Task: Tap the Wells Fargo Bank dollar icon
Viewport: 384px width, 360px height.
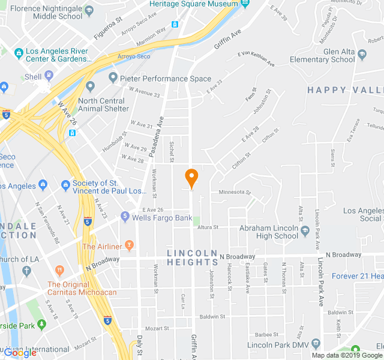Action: point(125,216)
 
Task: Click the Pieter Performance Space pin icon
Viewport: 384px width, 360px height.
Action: point(113,78)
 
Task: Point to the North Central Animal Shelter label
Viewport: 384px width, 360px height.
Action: point(103,104)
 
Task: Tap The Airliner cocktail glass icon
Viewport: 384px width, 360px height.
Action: point(129,246)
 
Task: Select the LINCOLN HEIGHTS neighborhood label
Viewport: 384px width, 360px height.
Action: point(192,257)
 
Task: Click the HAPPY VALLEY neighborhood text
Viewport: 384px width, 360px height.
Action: point(345,90)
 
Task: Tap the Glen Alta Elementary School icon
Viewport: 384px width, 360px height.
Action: point(362,55)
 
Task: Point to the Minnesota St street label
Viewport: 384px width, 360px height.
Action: point(234,193)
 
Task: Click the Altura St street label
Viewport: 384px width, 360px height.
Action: point(208,227)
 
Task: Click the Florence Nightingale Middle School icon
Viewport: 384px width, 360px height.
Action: point(89,11)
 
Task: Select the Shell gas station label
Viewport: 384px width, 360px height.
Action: point(33,77)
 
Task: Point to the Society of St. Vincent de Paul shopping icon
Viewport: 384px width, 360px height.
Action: point(65,184)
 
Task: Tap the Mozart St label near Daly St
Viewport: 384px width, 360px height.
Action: point(158,329)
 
